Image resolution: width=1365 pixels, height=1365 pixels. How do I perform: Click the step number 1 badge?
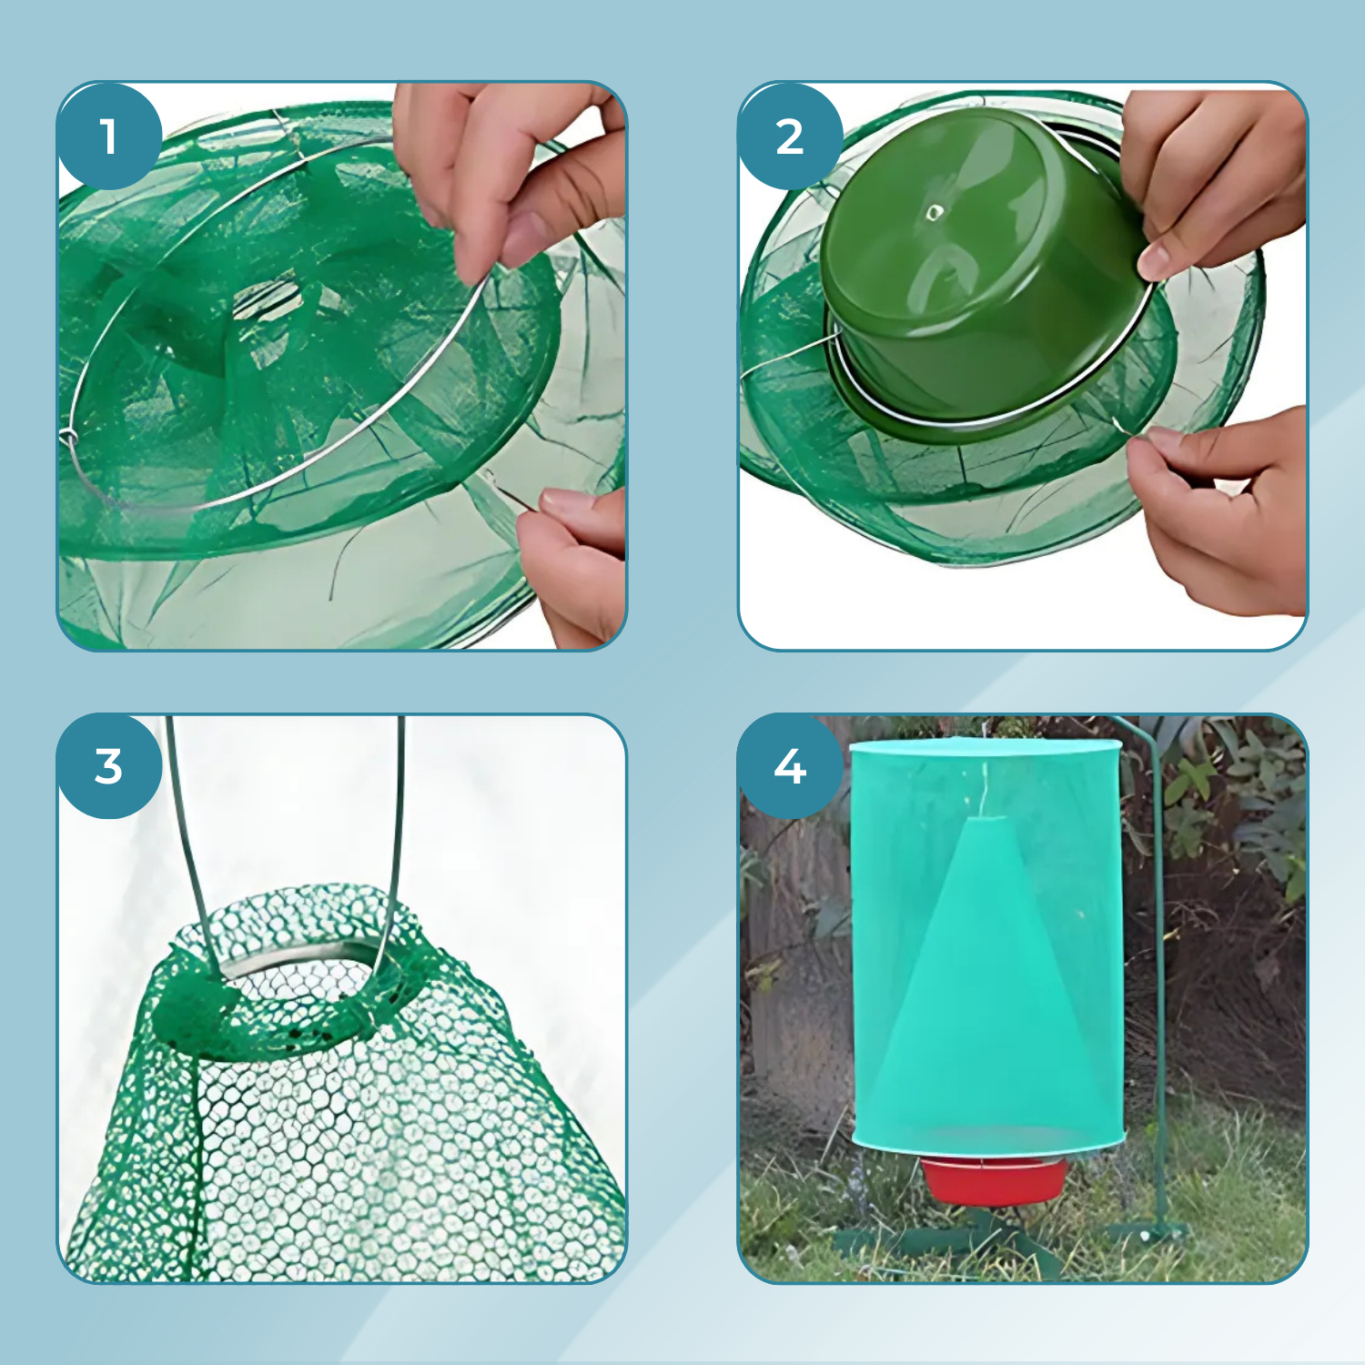[x=109, y=136]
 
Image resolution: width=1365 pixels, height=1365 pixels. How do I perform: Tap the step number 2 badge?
[x=790, y=136]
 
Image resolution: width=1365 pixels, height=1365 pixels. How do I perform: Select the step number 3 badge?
[x=109, y=766]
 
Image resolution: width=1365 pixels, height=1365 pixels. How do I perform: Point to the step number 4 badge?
[x=790, y=766]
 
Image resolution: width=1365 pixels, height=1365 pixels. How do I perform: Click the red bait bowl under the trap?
[x=994, y=1180]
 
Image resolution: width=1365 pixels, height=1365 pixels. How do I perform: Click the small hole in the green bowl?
[x=935, y=213]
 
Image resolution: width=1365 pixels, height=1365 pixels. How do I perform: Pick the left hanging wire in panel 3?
[x=191, y=846]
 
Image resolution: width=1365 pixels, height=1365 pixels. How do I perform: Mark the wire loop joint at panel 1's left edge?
[x=68, y=439]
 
